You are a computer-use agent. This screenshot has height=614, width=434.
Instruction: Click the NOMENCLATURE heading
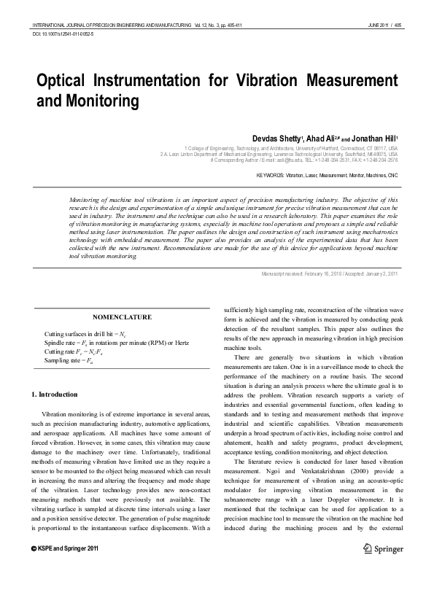click(122, 317)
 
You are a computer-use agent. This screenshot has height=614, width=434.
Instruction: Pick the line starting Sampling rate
click(71, 360)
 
